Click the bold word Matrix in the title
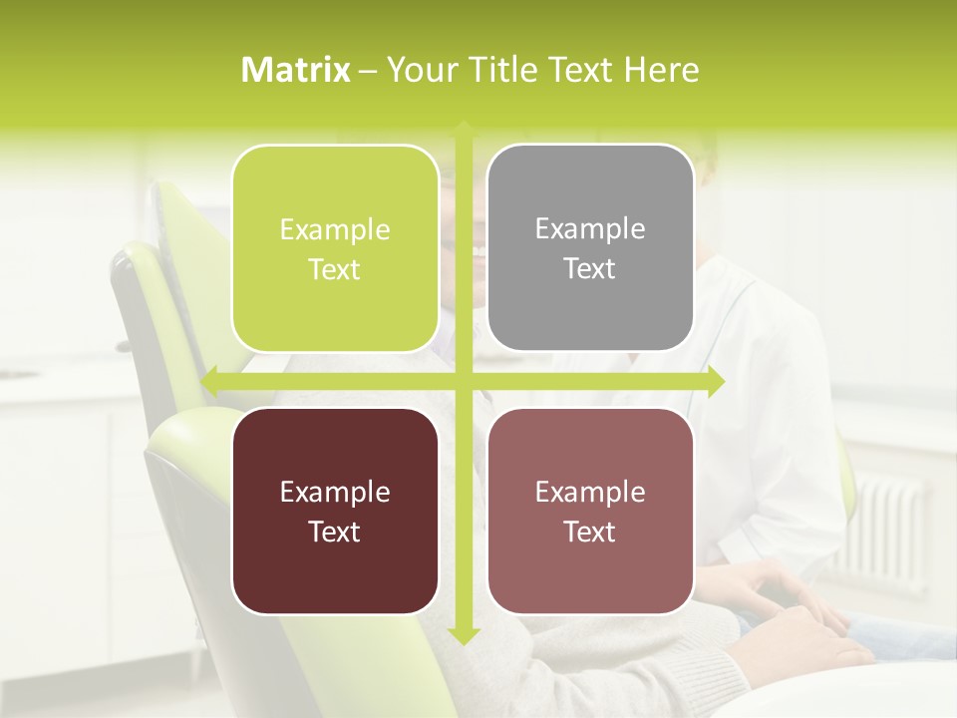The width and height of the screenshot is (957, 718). click(x=296, y=70)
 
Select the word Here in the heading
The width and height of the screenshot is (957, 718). click(x=662, y=70)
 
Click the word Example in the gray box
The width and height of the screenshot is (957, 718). click(x=590, y=228)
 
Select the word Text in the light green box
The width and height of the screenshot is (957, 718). click(x=335, y=269)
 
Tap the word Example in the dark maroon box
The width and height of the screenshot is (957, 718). click(x=335, y=492)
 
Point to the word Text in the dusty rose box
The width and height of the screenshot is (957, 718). click(x=590, y=532)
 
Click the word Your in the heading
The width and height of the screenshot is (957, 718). click(x=415, y=70)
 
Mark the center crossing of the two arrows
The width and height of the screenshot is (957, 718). click(x=464, y=382)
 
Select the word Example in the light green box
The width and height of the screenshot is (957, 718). click(x=335, y=229)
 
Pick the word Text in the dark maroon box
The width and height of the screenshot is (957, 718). click(x=335, y=532)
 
